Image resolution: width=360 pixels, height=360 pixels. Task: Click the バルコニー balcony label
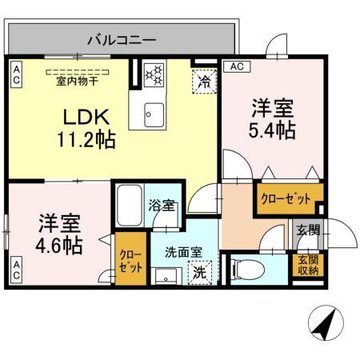(x=121, y=37)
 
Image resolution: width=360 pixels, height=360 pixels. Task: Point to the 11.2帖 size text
(x=86, y=141)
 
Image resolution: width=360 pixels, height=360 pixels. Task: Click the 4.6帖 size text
(x=58, y=245)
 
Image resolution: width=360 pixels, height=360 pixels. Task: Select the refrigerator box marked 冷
(x=204, y=81)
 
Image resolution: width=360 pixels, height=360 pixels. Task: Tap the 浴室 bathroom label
(x=162, y=206)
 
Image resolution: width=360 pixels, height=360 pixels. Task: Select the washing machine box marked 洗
(x=201, y=271)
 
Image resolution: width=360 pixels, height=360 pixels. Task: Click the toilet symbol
(x=245, y=267)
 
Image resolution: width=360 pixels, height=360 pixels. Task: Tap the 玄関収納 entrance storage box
(x=308, y=265)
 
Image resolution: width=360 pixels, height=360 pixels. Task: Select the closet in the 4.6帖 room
(x=130, y=259)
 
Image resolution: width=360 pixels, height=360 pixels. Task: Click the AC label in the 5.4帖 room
(x=236, y=67)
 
